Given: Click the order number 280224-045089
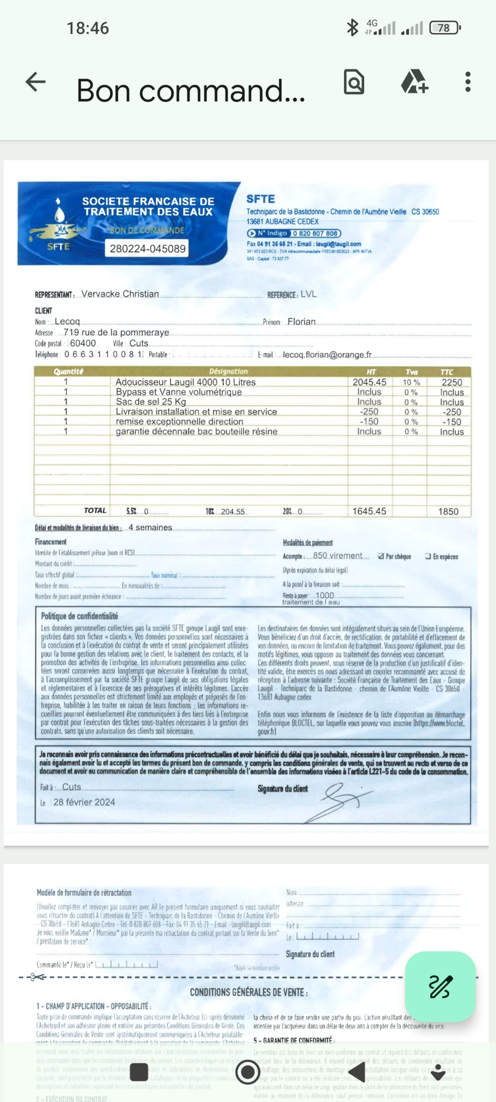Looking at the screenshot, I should (x=148, y=248).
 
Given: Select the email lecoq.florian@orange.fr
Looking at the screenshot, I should (x=327, y=355).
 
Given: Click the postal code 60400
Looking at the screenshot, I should (x=83, y=343).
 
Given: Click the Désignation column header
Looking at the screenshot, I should (x=228, y=371).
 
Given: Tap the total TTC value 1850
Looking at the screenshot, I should (x=448, y=511).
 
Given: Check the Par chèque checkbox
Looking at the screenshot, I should (x=380, y=556).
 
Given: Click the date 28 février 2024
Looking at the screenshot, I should (x=84, y=802).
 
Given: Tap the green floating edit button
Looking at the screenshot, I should (x=440, y=986).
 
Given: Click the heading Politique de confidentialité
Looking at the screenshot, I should (x=80, y=616).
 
